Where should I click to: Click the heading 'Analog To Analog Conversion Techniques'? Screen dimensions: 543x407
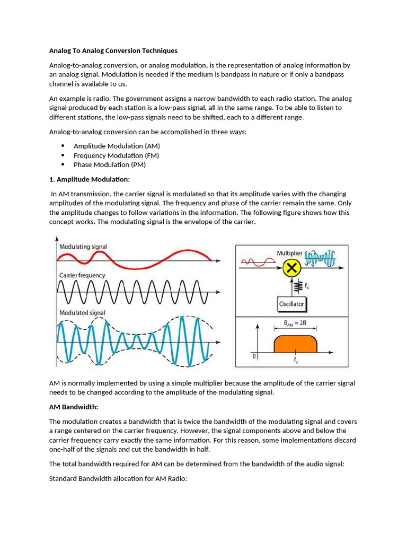[113, 51]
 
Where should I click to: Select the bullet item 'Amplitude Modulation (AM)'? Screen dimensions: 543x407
[117, 146]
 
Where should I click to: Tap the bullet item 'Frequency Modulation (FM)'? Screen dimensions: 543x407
[116, 155]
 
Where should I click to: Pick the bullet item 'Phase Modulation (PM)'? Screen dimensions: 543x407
[109, 164]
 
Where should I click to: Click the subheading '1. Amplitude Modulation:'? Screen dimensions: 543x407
[89, 179]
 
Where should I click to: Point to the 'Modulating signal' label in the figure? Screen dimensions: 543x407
[83, 247]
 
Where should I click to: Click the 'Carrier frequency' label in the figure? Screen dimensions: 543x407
[82, 275]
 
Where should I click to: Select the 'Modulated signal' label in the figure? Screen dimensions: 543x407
[82, 313]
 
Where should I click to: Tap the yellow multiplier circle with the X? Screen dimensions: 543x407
[291, 269]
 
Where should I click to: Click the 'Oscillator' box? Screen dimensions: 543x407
[291, 304]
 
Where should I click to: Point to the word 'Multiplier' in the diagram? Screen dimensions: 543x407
[289, 253]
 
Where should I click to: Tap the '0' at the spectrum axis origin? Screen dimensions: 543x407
[253, 356]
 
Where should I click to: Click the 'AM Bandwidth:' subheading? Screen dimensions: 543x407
[74, 407]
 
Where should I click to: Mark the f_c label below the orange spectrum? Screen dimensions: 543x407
[296, 360]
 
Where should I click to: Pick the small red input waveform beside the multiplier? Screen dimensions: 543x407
[255, 261]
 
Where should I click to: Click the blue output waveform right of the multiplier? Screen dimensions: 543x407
[320, 258]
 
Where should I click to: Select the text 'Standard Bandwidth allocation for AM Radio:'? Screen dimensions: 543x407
[118, 479]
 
